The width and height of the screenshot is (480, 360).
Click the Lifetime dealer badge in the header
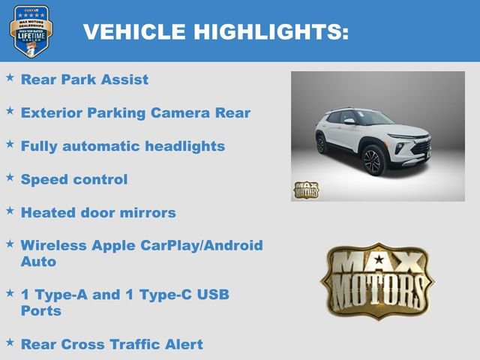click(x=31, y=31)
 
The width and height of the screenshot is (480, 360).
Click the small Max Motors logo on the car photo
click(x=306, y=190)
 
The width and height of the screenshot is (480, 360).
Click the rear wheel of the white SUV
click(x=322, y=144)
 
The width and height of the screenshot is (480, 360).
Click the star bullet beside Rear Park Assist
click(x=10, y=77)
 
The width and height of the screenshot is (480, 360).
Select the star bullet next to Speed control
click(x=10, y=178)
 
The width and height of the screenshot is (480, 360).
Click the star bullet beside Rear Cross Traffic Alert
click(x=10, y=343)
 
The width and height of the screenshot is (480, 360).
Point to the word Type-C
click(x=164, y=295)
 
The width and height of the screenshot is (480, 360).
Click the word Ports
click(x=41, y=310)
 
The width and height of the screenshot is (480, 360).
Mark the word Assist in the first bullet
click(x=123, y=79)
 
